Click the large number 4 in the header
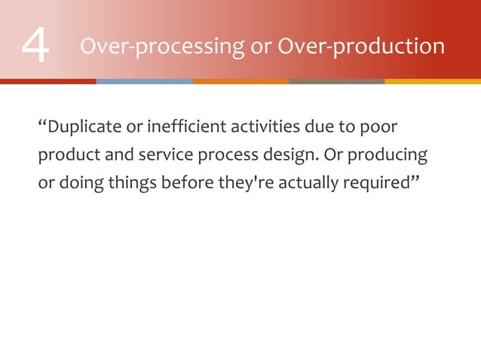pos(35,47)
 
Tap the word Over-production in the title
pos(361,47)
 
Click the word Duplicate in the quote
pos(82,124)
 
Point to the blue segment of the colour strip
pos(144,81)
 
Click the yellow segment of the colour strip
pos(433,81)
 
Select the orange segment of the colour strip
pos(240,81)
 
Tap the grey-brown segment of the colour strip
pos(336,81)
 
